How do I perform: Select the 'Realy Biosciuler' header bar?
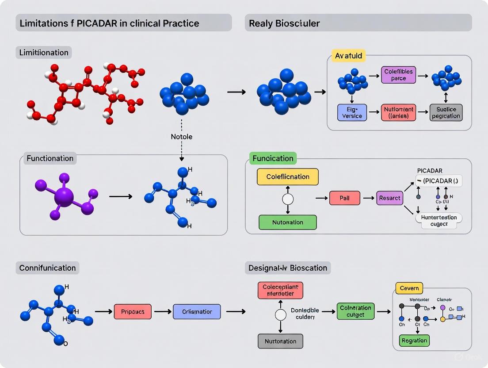coord(358,23)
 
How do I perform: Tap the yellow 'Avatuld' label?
coord(348,56)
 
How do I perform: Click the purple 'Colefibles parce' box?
coord(398,75)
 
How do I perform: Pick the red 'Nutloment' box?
coord(398,113)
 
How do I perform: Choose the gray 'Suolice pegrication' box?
coord(446,113)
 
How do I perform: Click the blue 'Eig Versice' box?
coord(352,113)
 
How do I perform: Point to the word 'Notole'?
coord(182,137)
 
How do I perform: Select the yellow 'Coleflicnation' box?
coord(288,177)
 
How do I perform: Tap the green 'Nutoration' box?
coord(288,222)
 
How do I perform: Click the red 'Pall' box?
coord(344,198)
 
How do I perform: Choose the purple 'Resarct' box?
coord(389,198)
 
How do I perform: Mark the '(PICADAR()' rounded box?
coord(438,180)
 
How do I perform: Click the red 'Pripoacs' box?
coord(133,312)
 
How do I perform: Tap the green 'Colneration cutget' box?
coord(355,311)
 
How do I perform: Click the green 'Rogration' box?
coord(415,341)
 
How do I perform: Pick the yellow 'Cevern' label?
coord(409,288)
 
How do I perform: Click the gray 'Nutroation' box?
coord(280,341)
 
